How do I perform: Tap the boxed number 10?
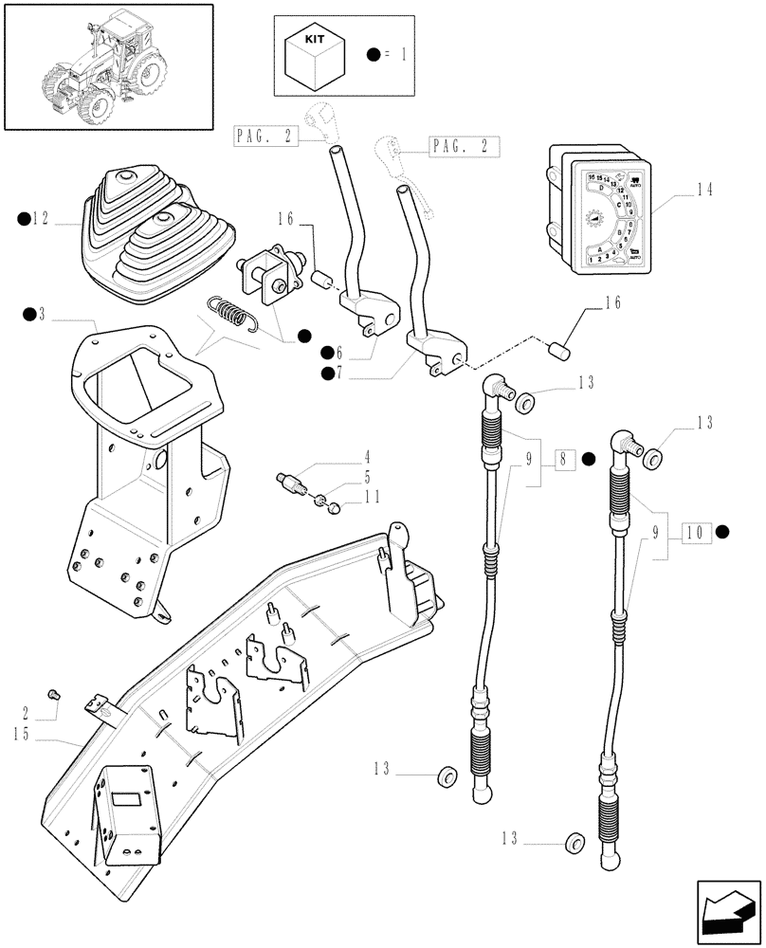click(x=696, y=531)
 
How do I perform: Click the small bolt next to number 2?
click(x=54, y=696)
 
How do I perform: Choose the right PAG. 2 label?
click(x=465, y=147)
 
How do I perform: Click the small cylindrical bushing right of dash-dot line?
click(x=559, y=354)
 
